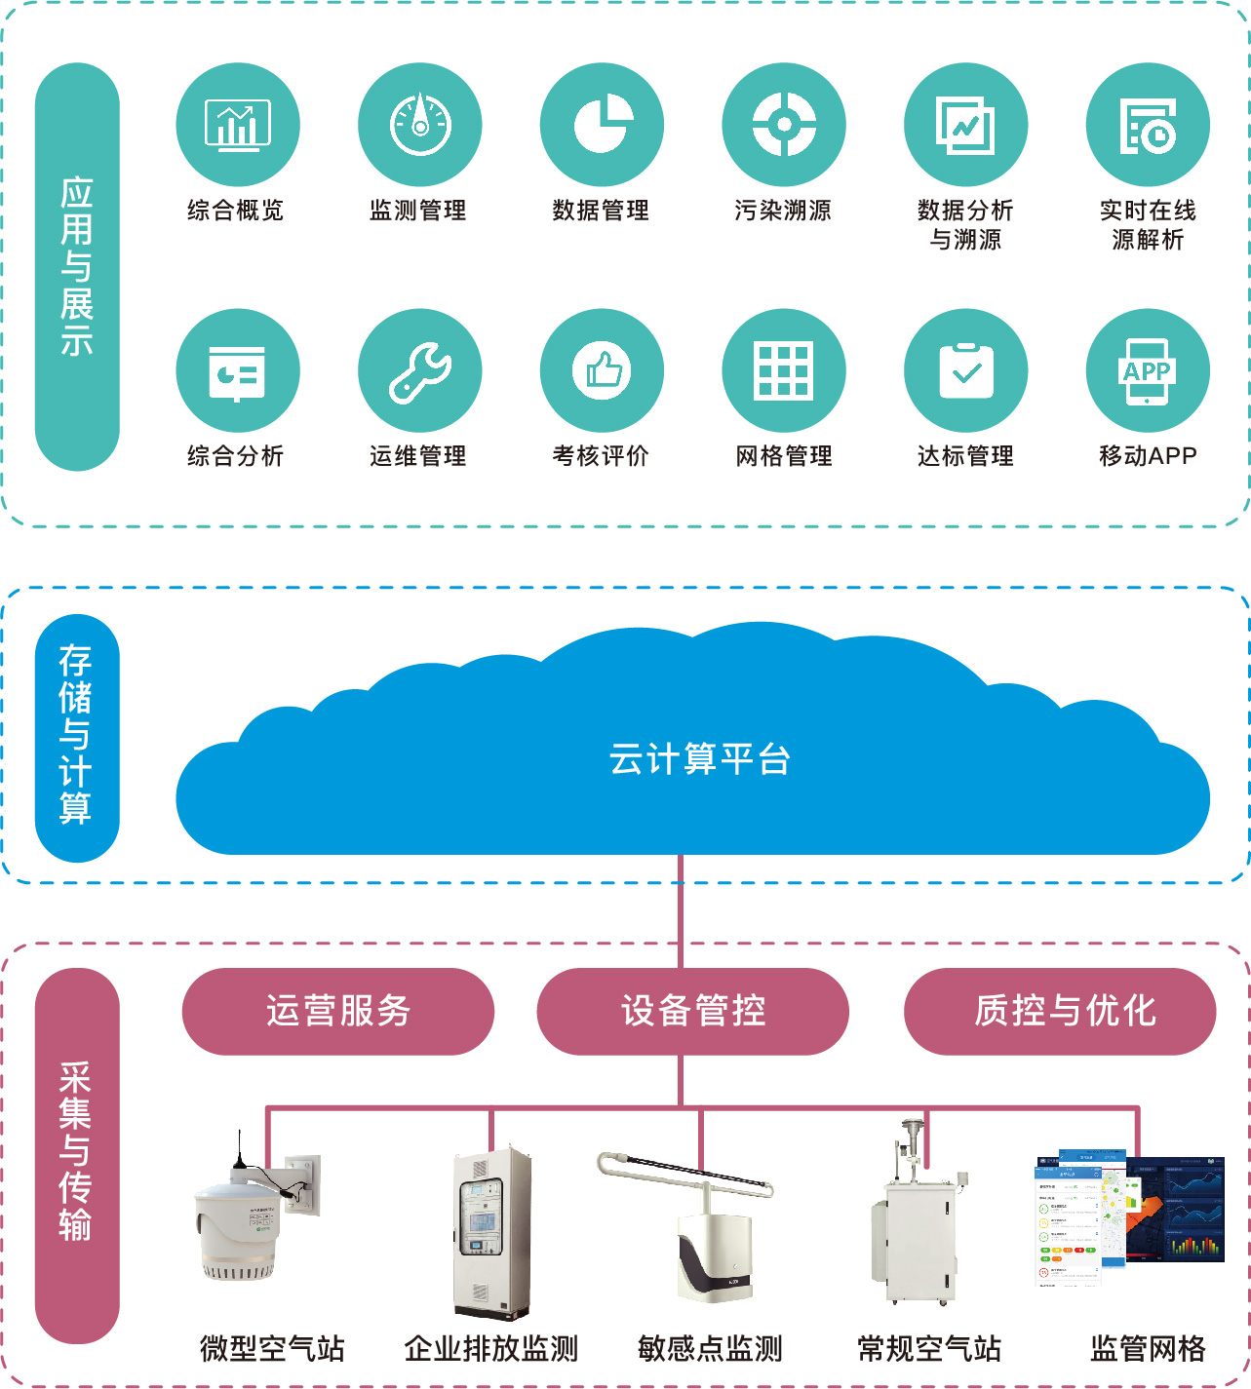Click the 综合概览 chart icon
[x=237, y=125]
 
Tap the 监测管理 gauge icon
[x=419, y=125]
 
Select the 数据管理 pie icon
[x=602, y=125]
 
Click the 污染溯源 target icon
[x=784, y=125]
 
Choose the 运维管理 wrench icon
[x=419, y=371]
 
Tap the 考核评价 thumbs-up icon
[x=602, y=371]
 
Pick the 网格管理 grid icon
[x=784, y=371]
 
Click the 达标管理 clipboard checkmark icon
[x=966, y=371]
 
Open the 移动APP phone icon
[x=1148, y=371]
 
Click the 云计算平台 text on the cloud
[x=699, y=759]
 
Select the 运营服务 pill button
[x=337, y=1011]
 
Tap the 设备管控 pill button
[x=692, y=1011]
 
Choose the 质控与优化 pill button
[x=1060, y=1011]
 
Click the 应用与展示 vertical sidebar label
[x=77, y=266]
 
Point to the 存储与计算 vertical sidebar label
[x=77, y=737]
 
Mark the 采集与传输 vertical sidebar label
[x=77, y=1154]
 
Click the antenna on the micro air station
[x=240, y=1150]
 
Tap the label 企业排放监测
[x=491, y=1349]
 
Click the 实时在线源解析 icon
[x=1148, y=125]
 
